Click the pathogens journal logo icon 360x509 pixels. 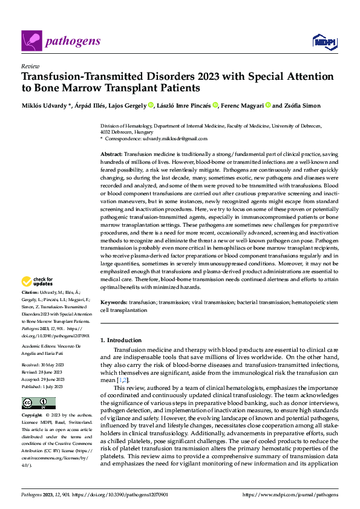(31, 41)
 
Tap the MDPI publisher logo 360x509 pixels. (323, 41)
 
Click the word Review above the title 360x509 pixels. (30, 66)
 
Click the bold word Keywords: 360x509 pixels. (114, 302)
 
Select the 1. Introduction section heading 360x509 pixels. (122, 340)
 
